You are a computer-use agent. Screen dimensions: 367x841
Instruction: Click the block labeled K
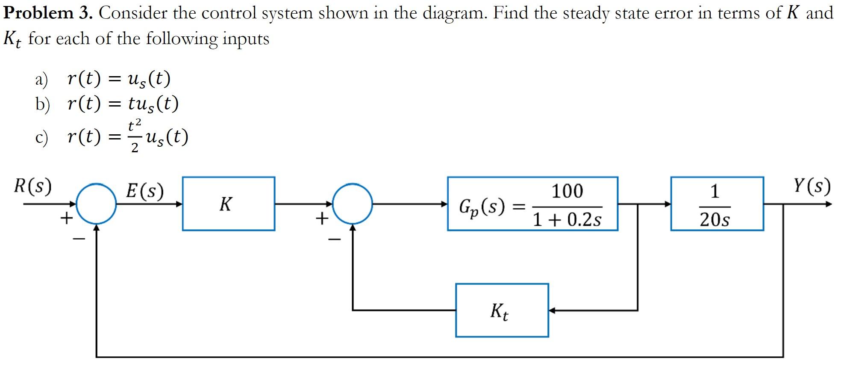[228, 204]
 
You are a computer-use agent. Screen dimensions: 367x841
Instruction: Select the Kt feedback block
[502, 310]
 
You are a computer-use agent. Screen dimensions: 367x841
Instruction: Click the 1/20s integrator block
[717, 204]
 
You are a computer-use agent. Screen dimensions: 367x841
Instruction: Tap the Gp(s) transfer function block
[532, 204]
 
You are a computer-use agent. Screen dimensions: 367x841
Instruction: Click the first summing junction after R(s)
[96, 204]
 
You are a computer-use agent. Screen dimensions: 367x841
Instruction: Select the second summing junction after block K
[352, 204]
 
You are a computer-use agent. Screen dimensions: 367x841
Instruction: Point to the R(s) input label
[32, 186]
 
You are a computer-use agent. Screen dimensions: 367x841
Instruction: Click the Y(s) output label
[812, 186]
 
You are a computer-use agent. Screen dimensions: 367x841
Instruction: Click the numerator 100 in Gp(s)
[567, 191]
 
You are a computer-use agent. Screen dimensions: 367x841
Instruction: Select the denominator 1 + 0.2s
[567, 220]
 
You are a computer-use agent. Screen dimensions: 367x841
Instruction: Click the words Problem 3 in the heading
[47, 13]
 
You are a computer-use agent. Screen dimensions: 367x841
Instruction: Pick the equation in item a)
[119, 79]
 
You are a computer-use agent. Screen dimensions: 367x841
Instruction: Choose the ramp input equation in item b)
[123, 104]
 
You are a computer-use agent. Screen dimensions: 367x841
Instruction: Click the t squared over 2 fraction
[134, 136]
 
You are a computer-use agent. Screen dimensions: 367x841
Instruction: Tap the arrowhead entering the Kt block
[552, 310]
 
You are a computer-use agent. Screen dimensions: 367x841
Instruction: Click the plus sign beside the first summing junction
[66, 219]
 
